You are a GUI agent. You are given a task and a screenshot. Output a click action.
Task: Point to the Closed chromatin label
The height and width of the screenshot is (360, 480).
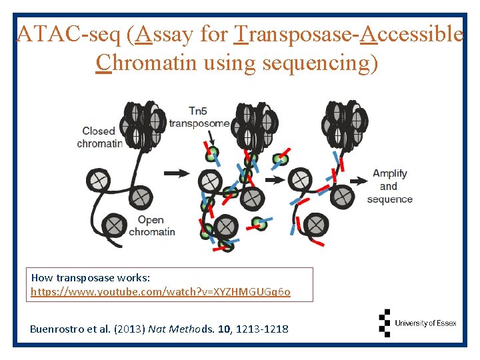[x=99, y=137]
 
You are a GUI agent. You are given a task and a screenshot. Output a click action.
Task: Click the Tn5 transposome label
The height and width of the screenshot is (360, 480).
[x=199, y=117]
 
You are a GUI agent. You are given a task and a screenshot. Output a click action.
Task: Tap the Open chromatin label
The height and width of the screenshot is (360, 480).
[x=151, y=226]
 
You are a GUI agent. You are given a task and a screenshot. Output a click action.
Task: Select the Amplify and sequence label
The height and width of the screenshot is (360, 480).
[x=390, y=187]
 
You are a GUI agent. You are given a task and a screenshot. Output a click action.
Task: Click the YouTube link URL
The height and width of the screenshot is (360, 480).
[x=161, y=292]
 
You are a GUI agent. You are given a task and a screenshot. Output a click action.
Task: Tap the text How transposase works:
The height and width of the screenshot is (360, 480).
[x=91, y=277]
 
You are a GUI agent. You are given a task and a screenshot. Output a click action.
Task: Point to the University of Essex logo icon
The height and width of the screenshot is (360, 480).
[x=385, y=323]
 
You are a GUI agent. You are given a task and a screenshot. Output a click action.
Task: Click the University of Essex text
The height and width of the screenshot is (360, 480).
[x=425, y=323]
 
